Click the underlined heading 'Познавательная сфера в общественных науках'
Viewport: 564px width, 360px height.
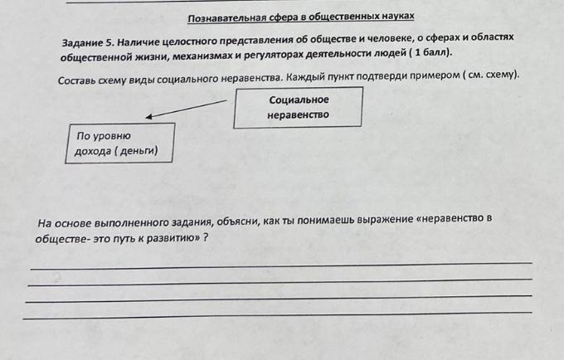coord(301,17)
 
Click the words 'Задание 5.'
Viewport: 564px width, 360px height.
coord(88,43)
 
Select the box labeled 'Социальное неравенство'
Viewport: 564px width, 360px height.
coord(298,107)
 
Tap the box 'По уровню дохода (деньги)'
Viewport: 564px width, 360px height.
coord(120,144)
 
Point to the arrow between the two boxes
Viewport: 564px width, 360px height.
coord(187,109)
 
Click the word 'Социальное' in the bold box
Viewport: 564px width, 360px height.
coord(299,100)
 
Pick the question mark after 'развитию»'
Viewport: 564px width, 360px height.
coord(206,237)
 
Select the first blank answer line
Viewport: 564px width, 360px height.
coord(281,265)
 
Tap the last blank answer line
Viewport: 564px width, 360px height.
coord(277,315)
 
